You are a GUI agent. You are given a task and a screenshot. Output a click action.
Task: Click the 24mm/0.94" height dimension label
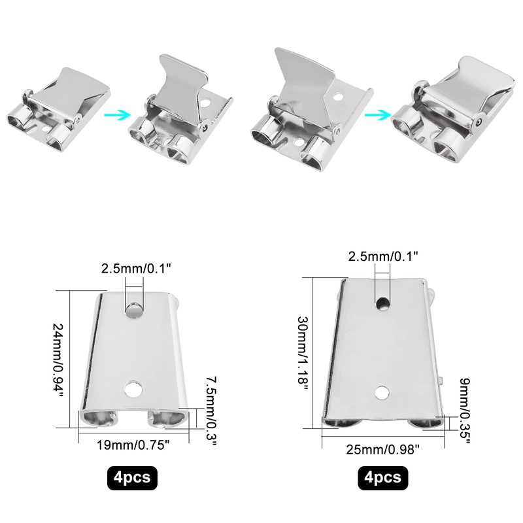coord(58,359)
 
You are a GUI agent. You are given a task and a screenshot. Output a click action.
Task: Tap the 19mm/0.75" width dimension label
coord(133,445)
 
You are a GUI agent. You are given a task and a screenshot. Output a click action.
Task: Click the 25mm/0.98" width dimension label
coord(382,449)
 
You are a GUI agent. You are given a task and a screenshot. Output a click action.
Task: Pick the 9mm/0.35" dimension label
coord(465,411)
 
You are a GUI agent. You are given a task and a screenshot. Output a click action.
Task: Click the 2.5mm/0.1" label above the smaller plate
coord(136,268)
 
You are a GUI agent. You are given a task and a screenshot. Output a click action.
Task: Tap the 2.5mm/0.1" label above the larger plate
coord(383,256)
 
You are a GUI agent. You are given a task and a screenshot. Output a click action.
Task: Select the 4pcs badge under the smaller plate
coord(132,478)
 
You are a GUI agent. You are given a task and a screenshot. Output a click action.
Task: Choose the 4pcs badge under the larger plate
coord(382,478)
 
